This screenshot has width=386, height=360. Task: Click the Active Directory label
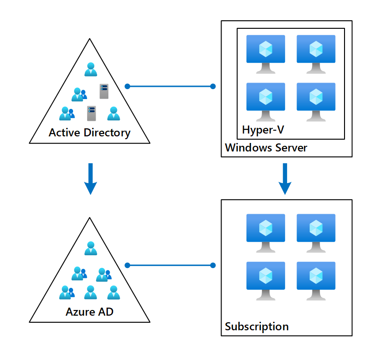(90, 133)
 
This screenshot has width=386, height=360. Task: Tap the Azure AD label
(90, 311)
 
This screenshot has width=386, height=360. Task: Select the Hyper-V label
(263, 129)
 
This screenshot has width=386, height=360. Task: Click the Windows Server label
(266, 148)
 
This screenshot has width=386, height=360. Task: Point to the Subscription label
(256, 327)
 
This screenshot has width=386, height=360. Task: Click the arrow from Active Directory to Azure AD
(90, 179)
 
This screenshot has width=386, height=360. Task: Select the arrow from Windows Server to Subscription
(285, 179)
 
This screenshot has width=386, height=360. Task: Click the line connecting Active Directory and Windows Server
(170, 86)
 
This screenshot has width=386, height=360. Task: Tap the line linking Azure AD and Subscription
(170, 265)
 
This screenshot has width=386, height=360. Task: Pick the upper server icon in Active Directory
(104, 91)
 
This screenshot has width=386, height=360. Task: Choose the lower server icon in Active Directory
(91, 114)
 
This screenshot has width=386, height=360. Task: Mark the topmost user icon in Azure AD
(90, 248)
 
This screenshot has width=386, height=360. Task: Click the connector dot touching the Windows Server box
(213, 86)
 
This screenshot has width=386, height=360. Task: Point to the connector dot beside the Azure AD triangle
(127, 265)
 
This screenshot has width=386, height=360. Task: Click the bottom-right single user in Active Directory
(113, 114)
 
